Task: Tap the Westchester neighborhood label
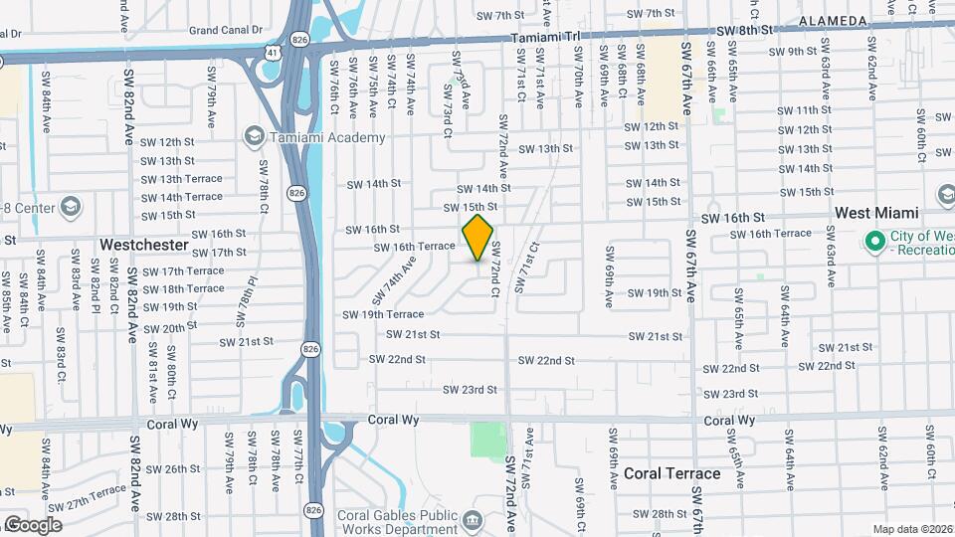tap(144, 244)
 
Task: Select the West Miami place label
tap(875, 213)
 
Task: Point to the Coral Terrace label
tap(672, 473)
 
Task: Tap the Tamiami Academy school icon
tap(254, 136)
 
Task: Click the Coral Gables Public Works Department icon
tap(473, 519)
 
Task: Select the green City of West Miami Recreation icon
tap(875, 241)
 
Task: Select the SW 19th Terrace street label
tap(383, 314)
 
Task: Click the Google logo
tap(33, 524)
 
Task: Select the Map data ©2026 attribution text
tap(912, 529)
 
